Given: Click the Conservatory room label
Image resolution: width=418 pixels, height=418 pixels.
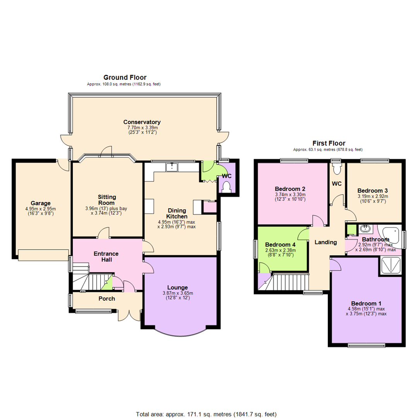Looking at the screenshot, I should pyautogui.click(x=142, y=122).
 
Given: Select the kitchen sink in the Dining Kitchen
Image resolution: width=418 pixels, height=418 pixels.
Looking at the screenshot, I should pyautogui.click(x=171, y=167).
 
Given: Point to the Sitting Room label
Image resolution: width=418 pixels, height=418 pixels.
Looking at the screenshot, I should pyautogui.click(x=106, y=200).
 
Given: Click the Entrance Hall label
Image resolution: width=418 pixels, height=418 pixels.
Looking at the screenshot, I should pyautogui.click(x=106, y=257).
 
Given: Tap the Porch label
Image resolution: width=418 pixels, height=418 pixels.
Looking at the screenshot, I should pyautogui.click(x=106, y=298).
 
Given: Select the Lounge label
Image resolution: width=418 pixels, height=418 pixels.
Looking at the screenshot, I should pyautogui.click(x=178, y=287).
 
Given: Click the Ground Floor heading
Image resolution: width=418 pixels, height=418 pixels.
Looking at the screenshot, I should pyautogui.click(x=124, y=77).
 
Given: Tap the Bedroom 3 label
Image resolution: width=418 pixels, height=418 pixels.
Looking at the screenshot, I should pyautogui.click(x=372, y=190).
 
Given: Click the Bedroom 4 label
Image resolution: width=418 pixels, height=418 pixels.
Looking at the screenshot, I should pyautogui.click(x=280, y=245).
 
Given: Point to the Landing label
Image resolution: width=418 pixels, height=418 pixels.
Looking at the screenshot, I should pyautogui.click(x=325, y=242).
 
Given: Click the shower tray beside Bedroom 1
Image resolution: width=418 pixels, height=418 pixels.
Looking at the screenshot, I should pyautogui.click(x=390, y=266).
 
